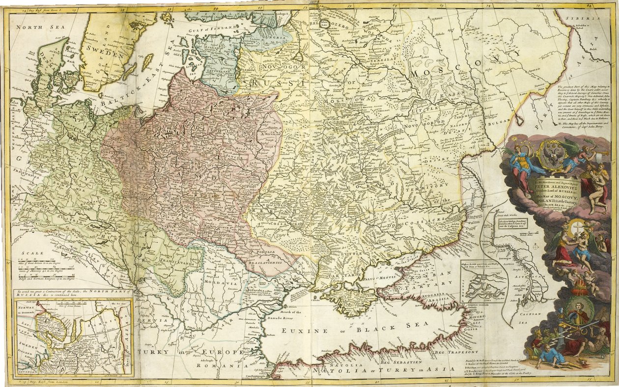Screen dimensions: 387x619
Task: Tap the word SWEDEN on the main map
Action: pyautogui.click(x=103, y=55)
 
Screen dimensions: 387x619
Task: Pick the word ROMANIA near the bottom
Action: pyautogui.click(x=222, y=366)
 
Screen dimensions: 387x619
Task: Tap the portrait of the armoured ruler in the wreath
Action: pyautogui.click(x=578, y=314)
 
